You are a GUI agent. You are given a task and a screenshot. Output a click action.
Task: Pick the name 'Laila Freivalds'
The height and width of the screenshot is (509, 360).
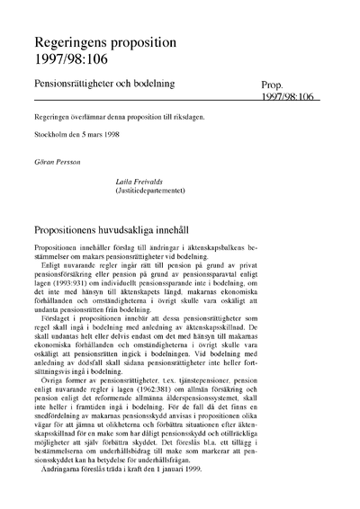[x=139, y=181]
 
